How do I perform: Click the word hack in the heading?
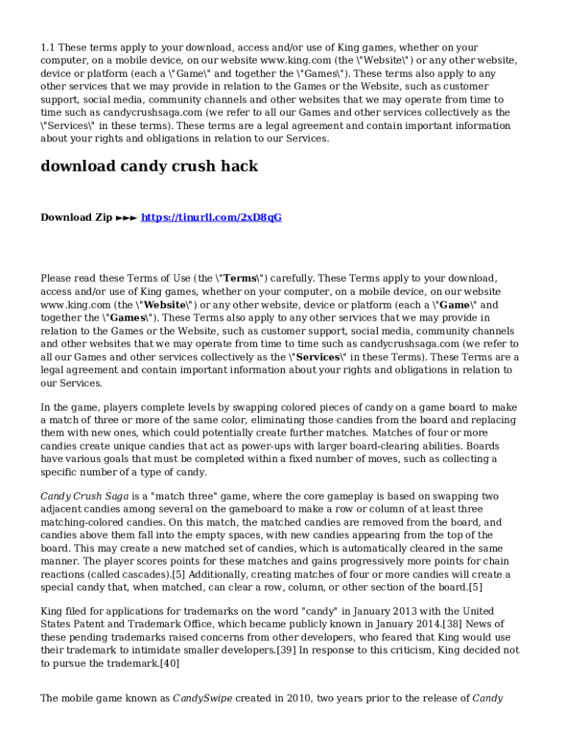click(x=241, y=166)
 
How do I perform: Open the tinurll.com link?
click(x=211, y=218)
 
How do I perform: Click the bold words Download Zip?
click(x=76, y=218)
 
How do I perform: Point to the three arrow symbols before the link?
click(x=126, y=218)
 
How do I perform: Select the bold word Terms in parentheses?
click(x=239, y=279)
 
